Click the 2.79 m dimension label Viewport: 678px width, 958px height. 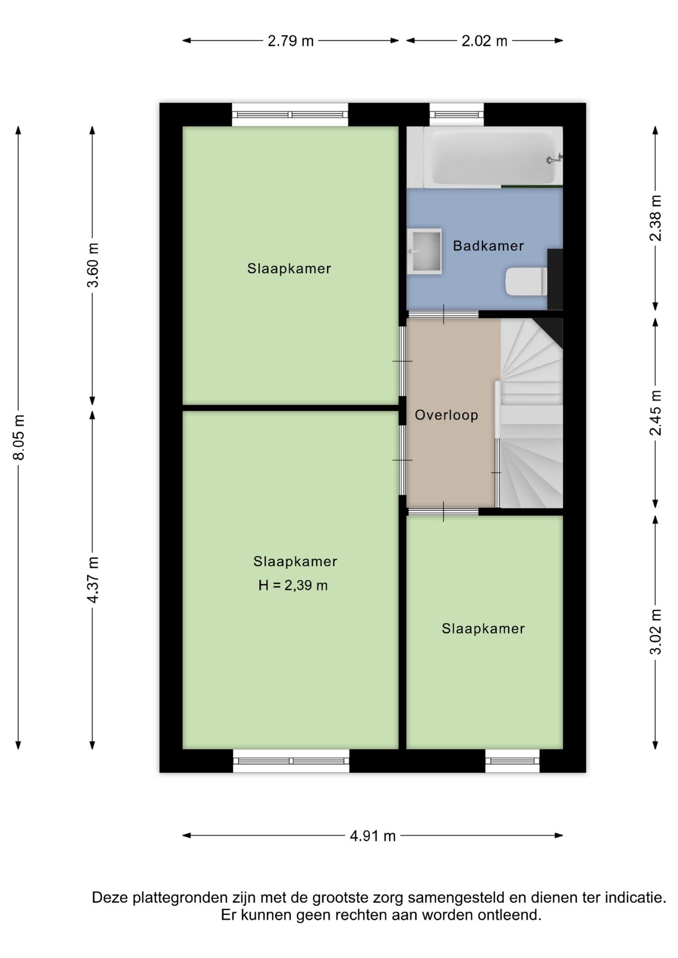[x=291, y=41]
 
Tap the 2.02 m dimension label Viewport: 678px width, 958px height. [x=484, y=41]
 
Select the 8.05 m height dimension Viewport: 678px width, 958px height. [x=19, y=437]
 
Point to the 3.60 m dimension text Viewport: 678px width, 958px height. [x=93, y=265]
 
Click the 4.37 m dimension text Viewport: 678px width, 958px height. [x=93, y=580]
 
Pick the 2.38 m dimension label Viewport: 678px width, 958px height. [x=656, y=218]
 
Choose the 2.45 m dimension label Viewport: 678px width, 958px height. [x=656, y=413]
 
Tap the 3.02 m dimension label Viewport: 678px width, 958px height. [x=656, y=631]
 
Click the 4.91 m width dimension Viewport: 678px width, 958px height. [x=373, y=836]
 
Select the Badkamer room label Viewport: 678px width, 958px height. [x=488, y=245]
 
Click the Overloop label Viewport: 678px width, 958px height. [x=446, y=415]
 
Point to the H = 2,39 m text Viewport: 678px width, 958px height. [x=293, y=585]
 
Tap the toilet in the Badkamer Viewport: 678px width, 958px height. [x=526, y=282]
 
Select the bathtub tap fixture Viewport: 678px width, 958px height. [x=554, y=159]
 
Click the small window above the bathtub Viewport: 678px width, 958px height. [x=457, y=115]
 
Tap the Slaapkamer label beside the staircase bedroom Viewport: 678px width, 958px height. [x=483, y=629]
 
